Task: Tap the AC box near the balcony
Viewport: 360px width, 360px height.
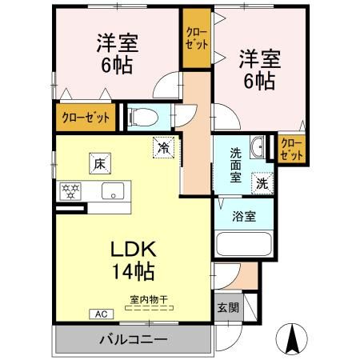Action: (x=102, y=314)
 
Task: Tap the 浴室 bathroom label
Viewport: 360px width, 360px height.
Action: (x=244, y=215)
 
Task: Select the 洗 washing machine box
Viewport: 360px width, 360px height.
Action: (x=262, y=182)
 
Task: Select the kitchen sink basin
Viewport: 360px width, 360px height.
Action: (x=110, y=191)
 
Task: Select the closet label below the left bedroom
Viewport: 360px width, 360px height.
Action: (x=86, y=117)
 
